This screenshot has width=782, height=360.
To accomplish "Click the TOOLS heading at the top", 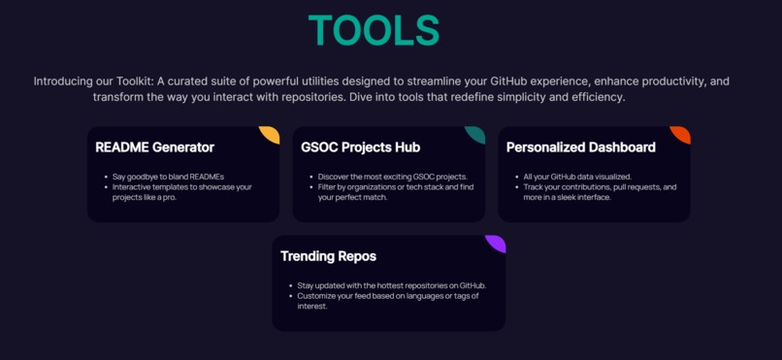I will (374, 30).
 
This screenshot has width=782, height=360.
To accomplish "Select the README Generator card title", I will (154, 147).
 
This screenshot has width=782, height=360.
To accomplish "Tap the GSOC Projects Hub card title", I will (360, 147).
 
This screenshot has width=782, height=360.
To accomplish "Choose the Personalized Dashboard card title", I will (580, 147).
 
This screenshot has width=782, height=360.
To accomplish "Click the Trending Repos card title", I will (328, 256).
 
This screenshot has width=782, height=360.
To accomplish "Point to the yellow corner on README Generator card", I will (272, 133).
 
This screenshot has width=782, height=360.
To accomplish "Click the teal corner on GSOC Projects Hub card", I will (476, 133).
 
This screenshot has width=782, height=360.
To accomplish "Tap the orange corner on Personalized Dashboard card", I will (682, 133).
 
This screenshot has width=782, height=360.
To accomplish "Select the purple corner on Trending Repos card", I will (497, 242).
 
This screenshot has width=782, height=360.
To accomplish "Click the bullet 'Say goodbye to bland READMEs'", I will (168, 177).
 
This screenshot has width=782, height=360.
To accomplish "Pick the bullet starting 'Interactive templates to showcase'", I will (181, 191).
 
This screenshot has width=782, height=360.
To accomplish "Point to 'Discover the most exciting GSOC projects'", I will (392, 177).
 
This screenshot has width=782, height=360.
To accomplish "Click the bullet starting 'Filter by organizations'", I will (395, 191).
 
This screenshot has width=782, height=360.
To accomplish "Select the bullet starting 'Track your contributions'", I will (600, 191).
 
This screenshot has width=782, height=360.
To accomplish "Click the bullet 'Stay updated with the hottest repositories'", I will (391, 285).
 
